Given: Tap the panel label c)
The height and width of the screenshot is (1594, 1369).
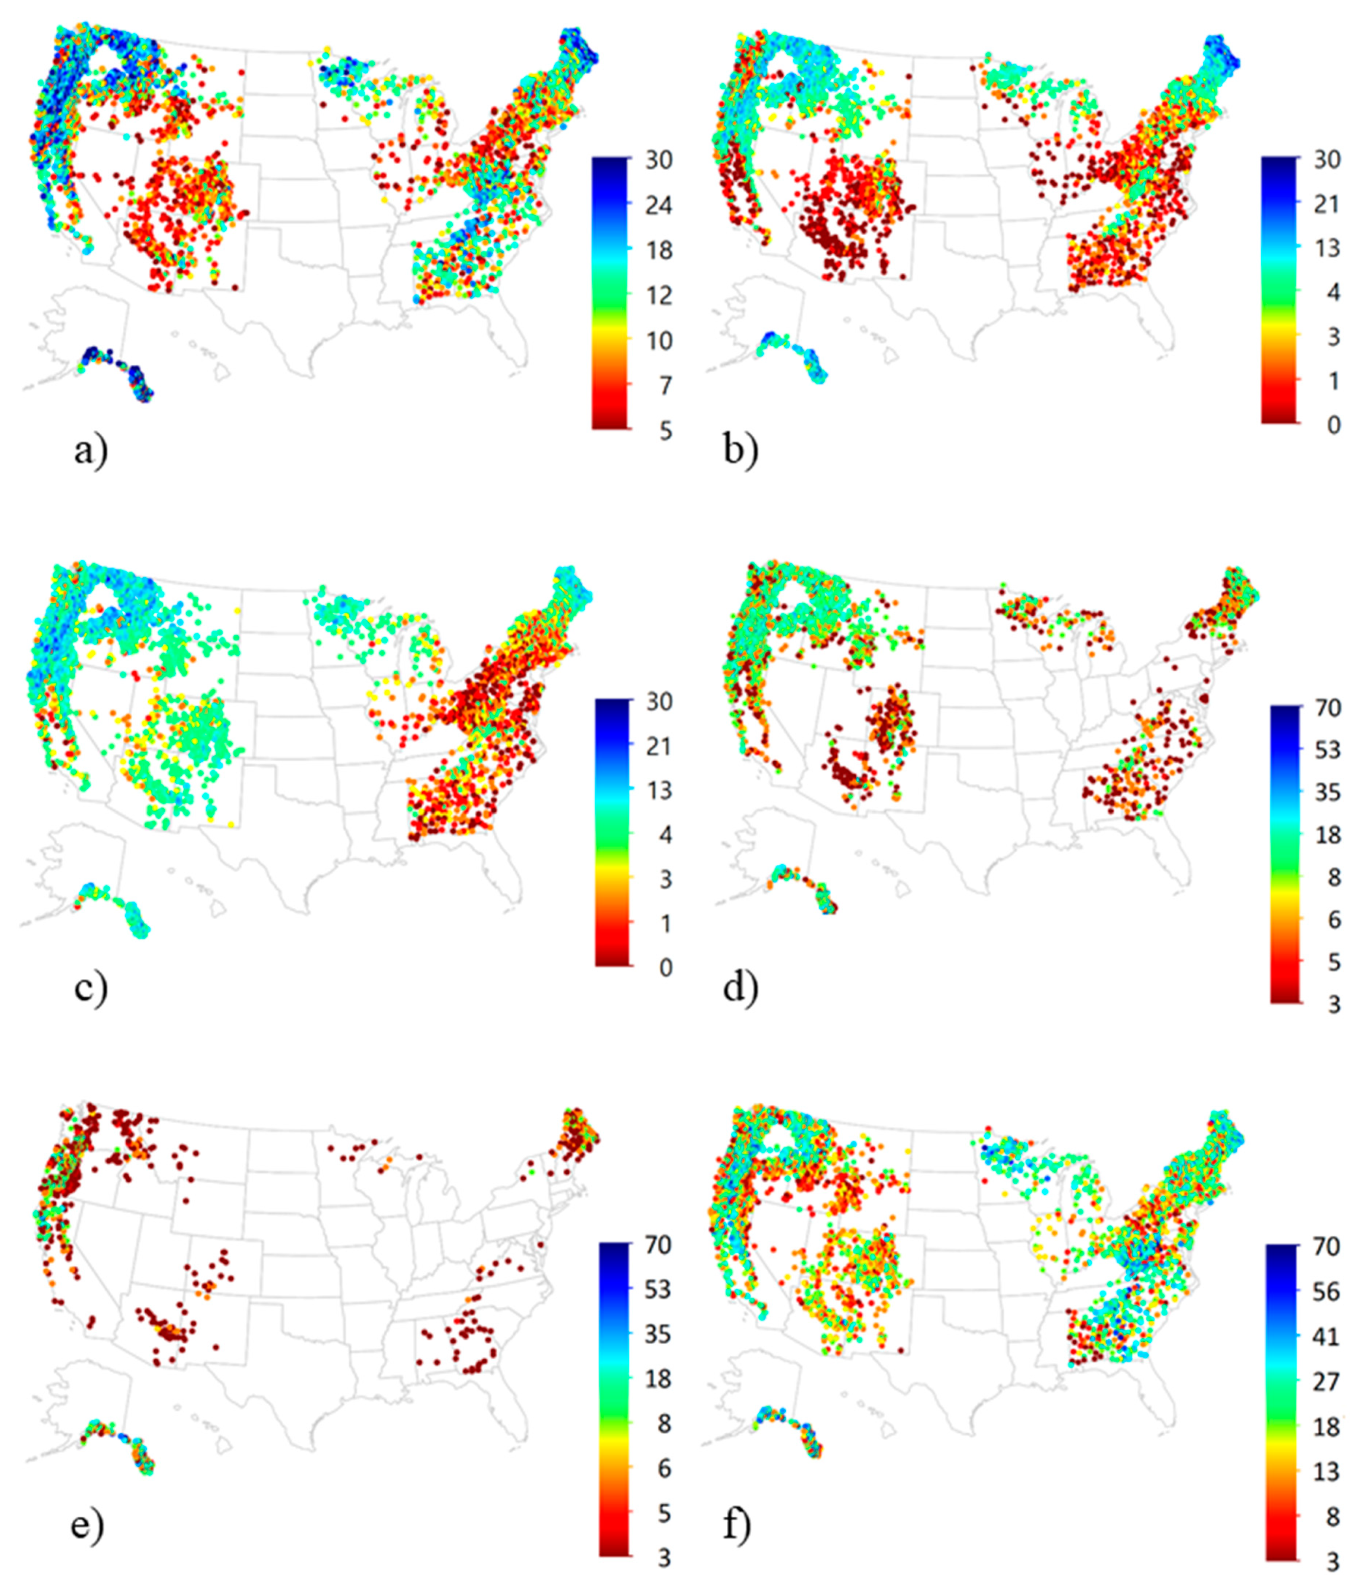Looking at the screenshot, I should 91,987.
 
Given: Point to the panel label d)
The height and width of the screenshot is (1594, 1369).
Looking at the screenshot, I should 740,987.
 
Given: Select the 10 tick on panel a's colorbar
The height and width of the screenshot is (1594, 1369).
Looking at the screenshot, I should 658,340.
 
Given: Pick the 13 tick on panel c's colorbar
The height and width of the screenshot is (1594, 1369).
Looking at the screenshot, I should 658,790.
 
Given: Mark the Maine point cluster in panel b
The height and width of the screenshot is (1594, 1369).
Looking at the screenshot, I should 1223,58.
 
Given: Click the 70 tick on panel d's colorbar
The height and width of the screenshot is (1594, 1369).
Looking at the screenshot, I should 1327,707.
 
